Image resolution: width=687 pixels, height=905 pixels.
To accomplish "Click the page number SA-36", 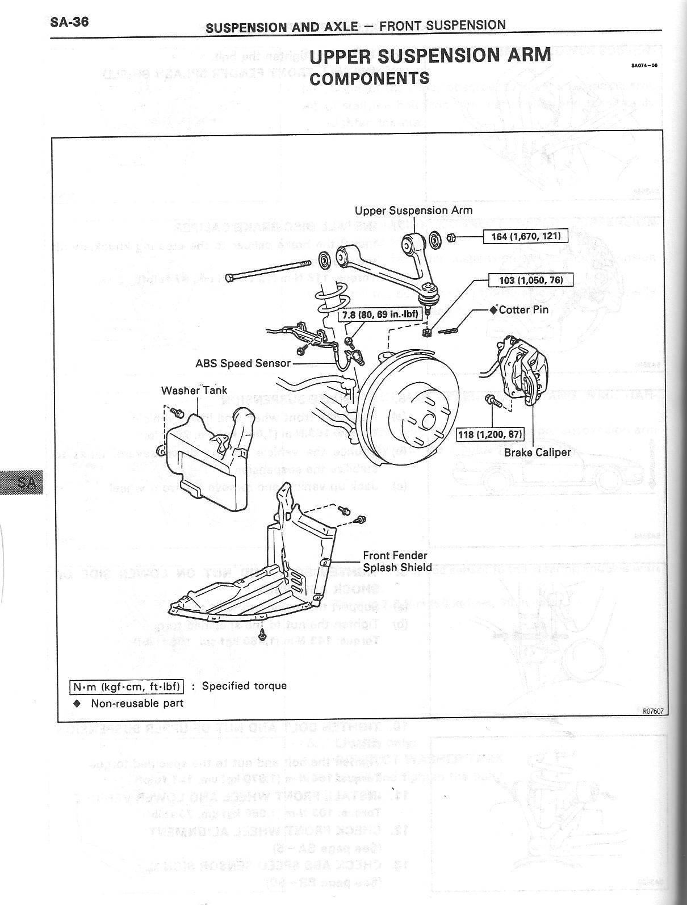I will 69,22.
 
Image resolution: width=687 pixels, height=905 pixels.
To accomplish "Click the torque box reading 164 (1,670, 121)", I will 525,236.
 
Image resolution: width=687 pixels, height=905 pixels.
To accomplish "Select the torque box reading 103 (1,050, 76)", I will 531,280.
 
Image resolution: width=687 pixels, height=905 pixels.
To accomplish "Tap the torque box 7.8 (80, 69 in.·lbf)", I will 377,314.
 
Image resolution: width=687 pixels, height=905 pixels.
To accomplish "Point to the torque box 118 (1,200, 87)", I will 490,435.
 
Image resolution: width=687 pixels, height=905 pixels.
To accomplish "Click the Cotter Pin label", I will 523,310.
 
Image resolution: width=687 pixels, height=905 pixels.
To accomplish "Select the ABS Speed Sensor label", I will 243,363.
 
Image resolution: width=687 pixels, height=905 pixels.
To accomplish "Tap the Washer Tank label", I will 194,391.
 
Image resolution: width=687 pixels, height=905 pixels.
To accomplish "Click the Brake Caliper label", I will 537,452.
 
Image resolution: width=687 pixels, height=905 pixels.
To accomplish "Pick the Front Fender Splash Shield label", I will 397,562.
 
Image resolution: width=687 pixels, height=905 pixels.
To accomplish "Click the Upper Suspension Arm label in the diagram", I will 413,211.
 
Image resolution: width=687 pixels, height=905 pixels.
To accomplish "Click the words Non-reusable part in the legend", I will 137,703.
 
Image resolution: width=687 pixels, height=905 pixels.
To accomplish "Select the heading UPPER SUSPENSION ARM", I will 430,56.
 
